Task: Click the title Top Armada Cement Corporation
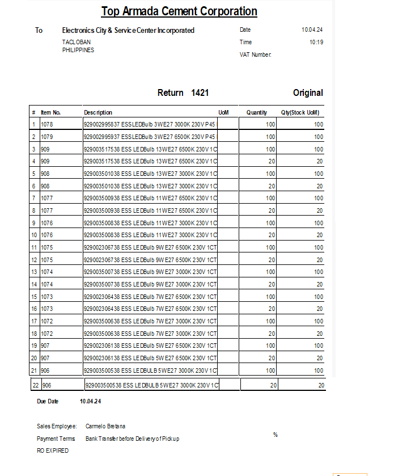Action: click(179, 11)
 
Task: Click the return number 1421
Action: click(200, 92)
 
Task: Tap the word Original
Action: click(308, 92)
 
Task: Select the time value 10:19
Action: click(316, 42)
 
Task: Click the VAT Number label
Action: click(256, 54)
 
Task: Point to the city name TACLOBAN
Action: click(76, 42)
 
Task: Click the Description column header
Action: click(98, 112)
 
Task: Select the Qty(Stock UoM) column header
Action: click(300, 112)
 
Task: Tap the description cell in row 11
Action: click(150, 247)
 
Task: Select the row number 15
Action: click(34, 297)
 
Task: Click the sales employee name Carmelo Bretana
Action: click(106, 426)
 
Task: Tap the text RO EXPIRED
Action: click(53, 450)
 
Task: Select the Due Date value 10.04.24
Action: click(91, 401)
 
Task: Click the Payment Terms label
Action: click(56, 439)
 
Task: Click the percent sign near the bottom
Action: click(276, 435)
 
